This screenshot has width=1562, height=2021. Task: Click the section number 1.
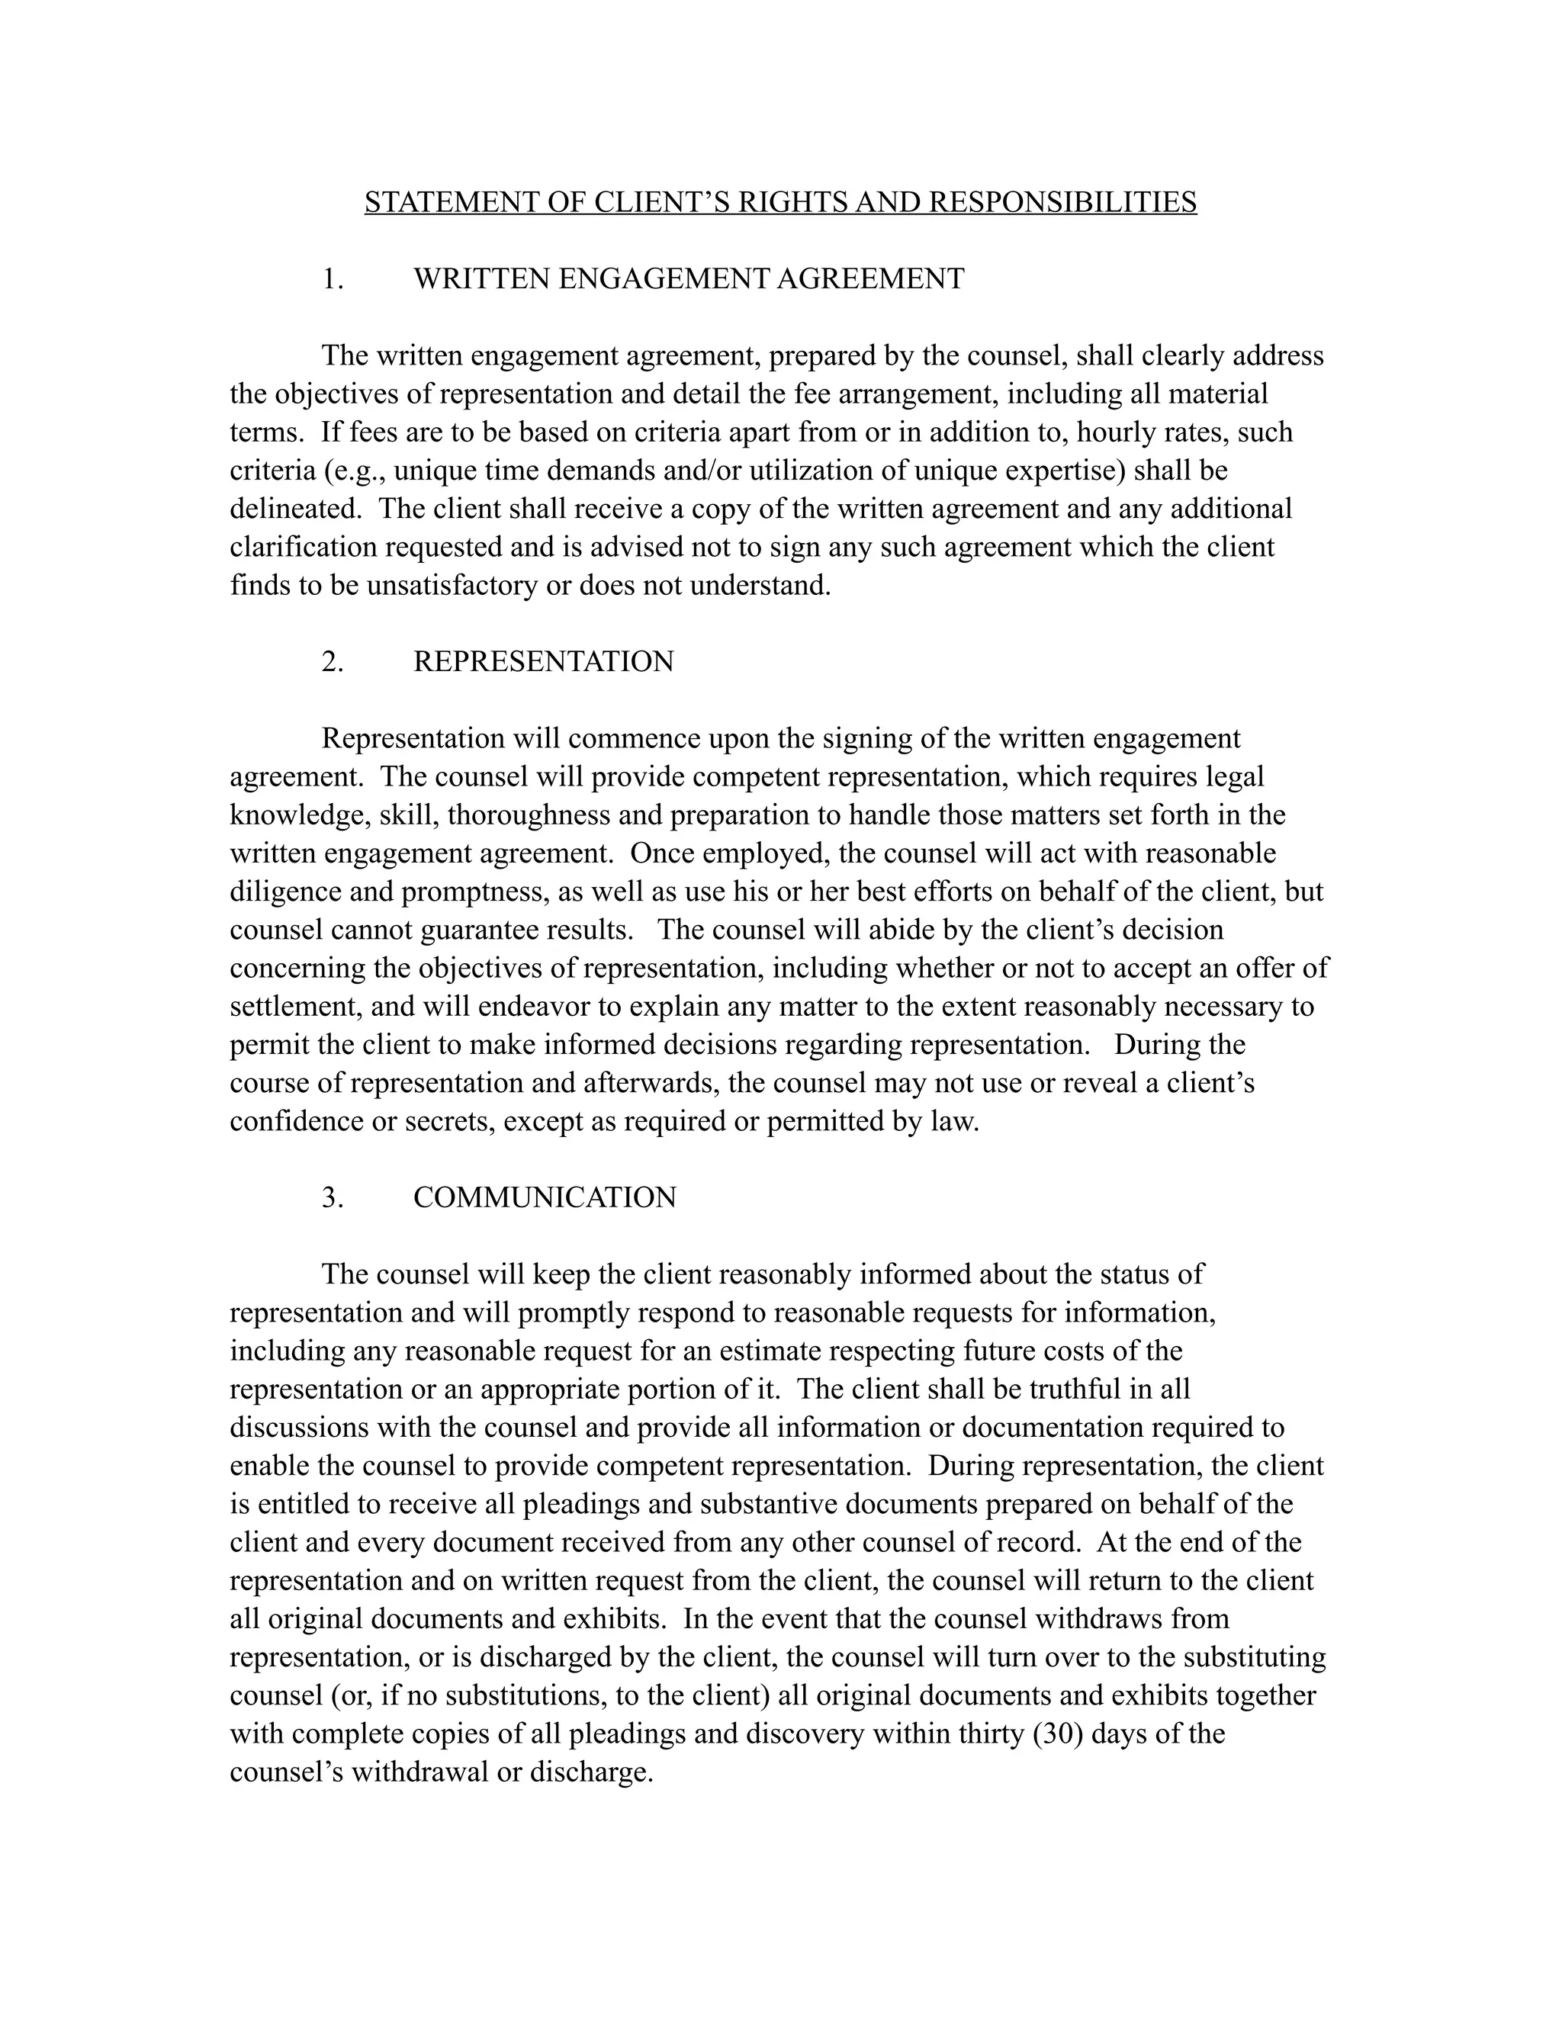pyautogui.click(x=333, y=278)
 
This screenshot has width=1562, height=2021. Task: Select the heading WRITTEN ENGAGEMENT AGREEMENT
pyautogui.click(x=689, y=278)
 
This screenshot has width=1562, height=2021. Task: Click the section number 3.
pyautogui.click(x=333, y=1197)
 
